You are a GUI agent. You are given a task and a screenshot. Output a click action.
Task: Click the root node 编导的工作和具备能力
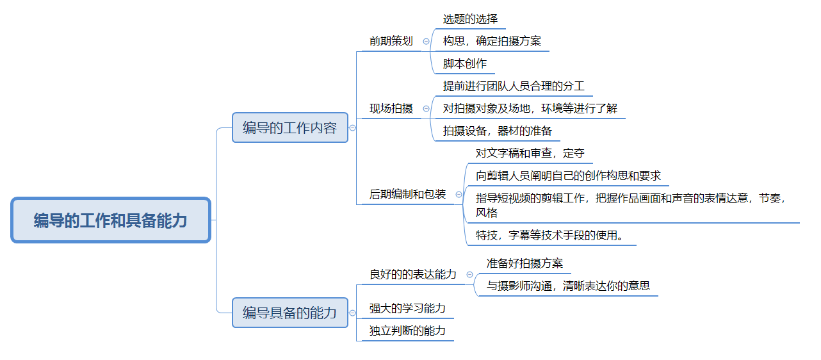tap(111, 220)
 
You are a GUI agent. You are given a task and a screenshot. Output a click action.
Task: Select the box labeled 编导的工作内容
tap(289, 127)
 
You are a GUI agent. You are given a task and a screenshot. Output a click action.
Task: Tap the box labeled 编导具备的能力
tap(289, 313)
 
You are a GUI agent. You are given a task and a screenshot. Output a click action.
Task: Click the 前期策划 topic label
tap(391, 42)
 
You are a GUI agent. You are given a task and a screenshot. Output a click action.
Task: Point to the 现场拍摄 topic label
tap(391, 109)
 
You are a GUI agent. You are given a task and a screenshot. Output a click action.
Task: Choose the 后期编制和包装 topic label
tap(407, 194)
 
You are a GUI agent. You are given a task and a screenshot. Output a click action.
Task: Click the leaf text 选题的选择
tap(470, 19)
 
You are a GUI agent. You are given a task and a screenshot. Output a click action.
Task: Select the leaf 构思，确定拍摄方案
tap(492, 42)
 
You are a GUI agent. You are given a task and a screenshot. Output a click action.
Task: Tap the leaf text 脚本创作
tap(465, 64)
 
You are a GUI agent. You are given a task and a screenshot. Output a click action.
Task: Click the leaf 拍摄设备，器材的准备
tap(497, 131)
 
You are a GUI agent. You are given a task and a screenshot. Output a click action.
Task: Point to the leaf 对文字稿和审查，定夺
tap(530, 154)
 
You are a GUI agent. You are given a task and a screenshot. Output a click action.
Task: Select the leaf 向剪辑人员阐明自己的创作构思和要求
tap(568, 176)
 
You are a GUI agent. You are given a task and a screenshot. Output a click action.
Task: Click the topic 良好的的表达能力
tap(413, 274)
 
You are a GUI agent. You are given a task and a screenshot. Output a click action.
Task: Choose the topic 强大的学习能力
tap(407, 309)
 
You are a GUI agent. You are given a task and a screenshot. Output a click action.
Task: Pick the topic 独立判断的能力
tap(407, 331)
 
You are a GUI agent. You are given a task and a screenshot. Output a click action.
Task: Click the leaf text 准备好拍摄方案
tap(524, 263)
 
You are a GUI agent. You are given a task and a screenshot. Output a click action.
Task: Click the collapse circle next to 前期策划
tap(427, 41)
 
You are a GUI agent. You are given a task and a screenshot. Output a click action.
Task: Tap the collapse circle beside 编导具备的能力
tap(352, 313)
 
